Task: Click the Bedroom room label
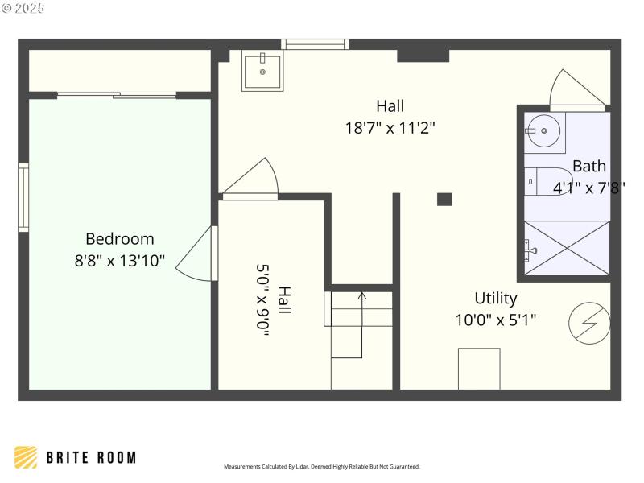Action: pos(119,239)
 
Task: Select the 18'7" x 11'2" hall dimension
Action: pos(390,127)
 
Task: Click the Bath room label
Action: pos(588,167)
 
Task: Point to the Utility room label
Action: pos(495,299)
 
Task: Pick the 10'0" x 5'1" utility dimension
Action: pos(495,320)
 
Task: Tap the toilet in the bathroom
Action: pos(543,181)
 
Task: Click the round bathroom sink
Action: pos(544,130)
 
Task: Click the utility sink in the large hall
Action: pos(262,72)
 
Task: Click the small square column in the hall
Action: pos(444,199)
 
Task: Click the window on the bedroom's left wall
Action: pos(23,198)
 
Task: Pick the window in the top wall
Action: pos(315,44)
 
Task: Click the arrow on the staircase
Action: pos(361,297)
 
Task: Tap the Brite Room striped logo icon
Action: pos(26,457)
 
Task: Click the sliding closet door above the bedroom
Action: pos(117,96)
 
